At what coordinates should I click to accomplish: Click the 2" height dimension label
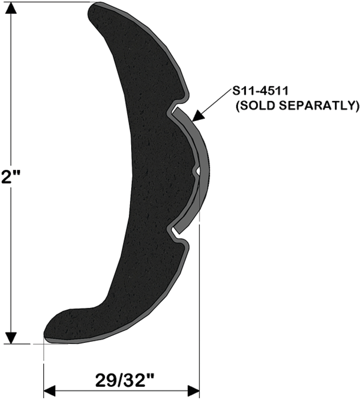tap(10, 177)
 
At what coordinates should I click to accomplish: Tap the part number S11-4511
tap(260, 91)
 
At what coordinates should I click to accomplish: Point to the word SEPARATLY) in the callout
tap(319, 105)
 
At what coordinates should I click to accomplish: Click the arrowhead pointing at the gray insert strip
tap(199, 116)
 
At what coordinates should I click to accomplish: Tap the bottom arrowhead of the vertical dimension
tap(11, 338)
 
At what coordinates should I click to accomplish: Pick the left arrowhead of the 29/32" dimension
tap(50, 391)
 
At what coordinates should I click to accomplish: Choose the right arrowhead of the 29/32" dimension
tap(193, 391)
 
